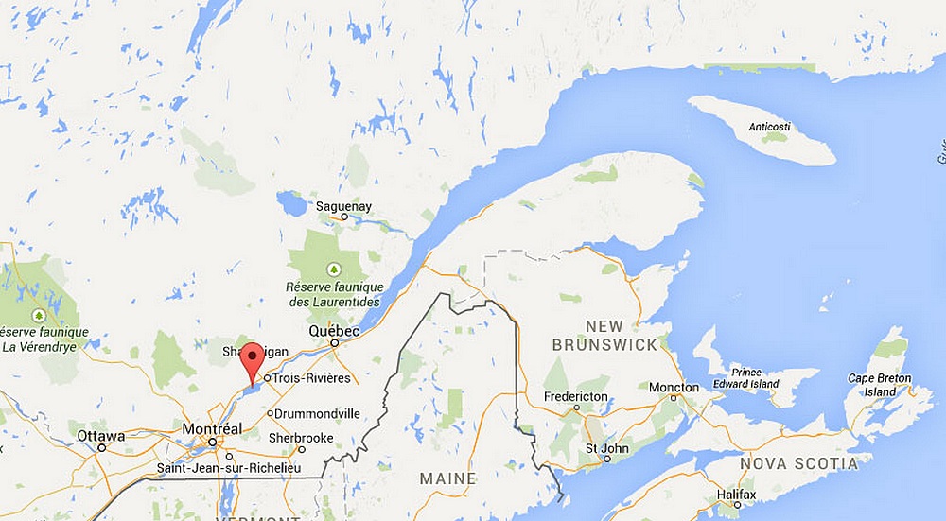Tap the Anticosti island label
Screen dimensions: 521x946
[767, 127]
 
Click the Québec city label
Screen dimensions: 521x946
[334, 332]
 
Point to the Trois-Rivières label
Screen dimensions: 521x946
[312, 378]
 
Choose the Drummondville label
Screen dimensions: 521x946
[316, 413]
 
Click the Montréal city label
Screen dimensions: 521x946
[212, 428]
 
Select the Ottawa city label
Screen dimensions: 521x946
[100, 437]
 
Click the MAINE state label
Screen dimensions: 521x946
[447, 478]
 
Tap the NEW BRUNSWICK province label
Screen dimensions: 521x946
[604, 335]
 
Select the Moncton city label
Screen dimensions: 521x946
[674, 388]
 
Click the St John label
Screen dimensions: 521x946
[604, 447]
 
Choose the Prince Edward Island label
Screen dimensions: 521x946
[746, 378]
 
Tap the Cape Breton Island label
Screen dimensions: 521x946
[879, 385]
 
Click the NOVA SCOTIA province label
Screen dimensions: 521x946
[799, 463]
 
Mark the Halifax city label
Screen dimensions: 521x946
[736, 495]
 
